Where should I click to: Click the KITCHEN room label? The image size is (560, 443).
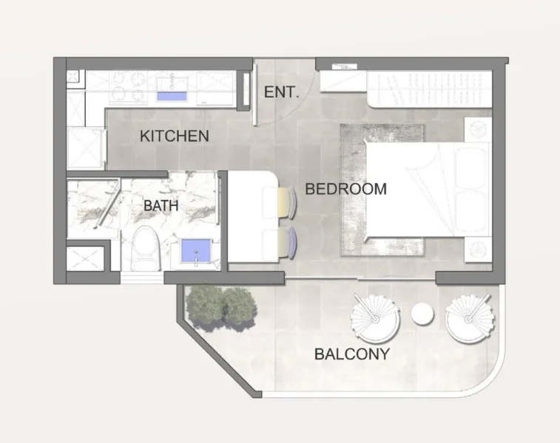(175, 137)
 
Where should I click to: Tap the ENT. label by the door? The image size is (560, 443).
(282, 93)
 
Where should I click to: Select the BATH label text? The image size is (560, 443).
(161, 205)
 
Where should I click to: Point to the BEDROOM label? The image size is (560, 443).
(345, 189)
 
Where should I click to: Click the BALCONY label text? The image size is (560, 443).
(351, 354)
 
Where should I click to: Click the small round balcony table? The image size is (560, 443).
(422, 314)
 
